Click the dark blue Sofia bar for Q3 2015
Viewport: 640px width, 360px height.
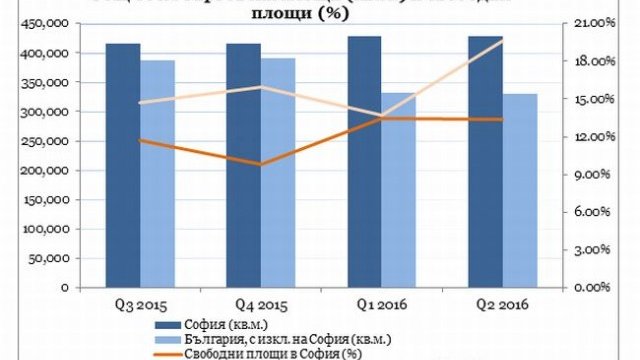124,165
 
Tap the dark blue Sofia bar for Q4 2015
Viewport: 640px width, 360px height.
243,165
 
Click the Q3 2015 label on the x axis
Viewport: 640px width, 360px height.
140,304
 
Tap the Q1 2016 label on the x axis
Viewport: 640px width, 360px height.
381,304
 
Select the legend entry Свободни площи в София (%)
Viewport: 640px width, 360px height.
270,352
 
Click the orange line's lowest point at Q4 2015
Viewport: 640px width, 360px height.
260,164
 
